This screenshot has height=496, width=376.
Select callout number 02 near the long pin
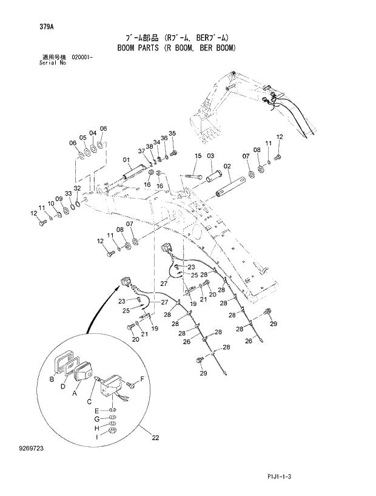pos(227,166)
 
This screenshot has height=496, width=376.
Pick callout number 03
pos(210,156)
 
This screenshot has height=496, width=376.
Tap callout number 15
pos(197,156)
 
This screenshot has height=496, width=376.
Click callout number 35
pos(172,134)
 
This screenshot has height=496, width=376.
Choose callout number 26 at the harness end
pos(248,341)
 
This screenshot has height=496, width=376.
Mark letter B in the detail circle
pos(51,379)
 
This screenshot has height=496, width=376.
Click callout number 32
pos(77,188)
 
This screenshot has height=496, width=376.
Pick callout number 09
pos(59,199)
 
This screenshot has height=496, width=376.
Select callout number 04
pos(92,133)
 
